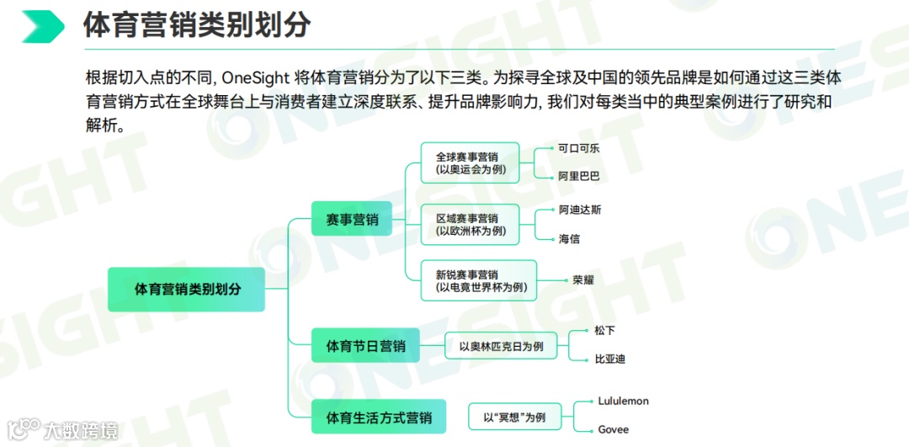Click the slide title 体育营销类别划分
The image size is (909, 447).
click(197, 26)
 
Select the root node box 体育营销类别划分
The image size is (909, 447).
click(187, 289)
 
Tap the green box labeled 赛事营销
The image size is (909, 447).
click(352, 220)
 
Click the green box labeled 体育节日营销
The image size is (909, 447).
click(365, 346)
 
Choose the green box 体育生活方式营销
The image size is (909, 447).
click(378, 418)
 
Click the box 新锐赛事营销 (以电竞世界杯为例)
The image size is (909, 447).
click(478, 281)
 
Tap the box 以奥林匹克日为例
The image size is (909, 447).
click(501, 346)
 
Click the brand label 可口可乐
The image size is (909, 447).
click(579, 148)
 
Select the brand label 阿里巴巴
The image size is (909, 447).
click(579, 177)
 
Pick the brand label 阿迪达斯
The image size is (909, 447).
click(580, 210)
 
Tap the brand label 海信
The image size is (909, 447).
click(570, 239)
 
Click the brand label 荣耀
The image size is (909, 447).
click(582, 279)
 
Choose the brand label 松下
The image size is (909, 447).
click(604, 331)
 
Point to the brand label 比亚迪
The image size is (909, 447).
click(609, 359)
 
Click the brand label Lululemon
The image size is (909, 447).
click(623, 402)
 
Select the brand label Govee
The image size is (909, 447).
click(613, 430)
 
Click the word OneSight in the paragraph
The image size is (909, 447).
click(256, 78)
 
